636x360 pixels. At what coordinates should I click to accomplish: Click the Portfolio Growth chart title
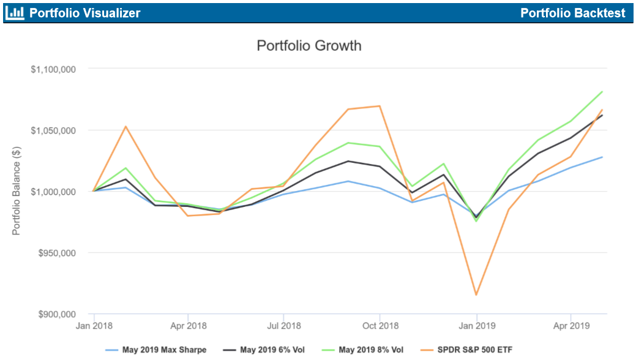coord(309,46)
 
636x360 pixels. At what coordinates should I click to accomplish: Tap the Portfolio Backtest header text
coord(573,13)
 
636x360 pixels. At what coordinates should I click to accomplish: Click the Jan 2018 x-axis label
coord(93,326)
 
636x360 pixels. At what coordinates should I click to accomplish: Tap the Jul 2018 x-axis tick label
coord(284,326)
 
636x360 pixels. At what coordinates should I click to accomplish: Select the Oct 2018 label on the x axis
coord(380,326)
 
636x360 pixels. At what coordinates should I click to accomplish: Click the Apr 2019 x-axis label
coord(571,326)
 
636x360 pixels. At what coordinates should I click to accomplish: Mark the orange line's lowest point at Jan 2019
coord(476,295)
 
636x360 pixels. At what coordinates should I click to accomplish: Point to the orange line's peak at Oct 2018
coord(380,106)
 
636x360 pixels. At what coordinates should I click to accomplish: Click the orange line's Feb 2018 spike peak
coord(125,127)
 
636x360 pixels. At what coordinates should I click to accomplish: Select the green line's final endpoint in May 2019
coord(602,92)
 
